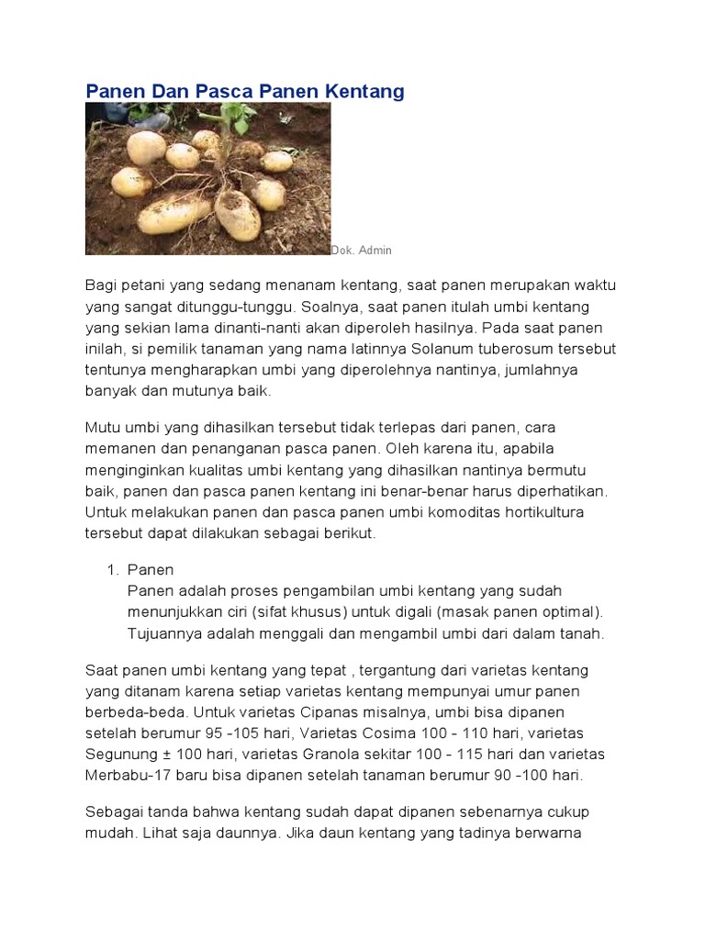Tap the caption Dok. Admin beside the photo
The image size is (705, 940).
click(362, 251)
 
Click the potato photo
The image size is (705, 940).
click(207, 178)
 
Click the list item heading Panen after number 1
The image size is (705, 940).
click(151, 570)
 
